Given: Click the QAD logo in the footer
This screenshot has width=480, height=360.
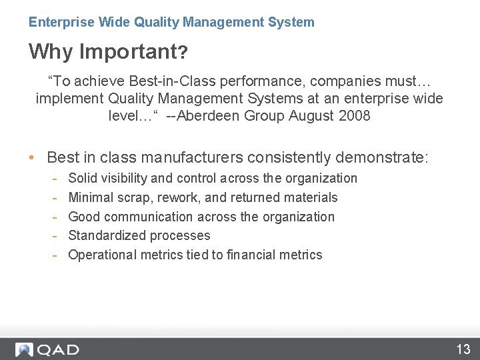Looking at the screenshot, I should (47, 349).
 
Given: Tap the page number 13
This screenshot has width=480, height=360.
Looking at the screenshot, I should (463, 349).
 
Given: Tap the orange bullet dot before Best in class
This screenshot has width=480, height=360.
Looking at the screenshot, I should (32, 158).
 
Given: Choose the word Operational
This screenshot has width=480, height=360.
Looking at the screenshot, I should (102, 255).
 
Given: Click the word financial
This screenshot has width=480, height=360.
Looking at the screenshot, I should (249, 255).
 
